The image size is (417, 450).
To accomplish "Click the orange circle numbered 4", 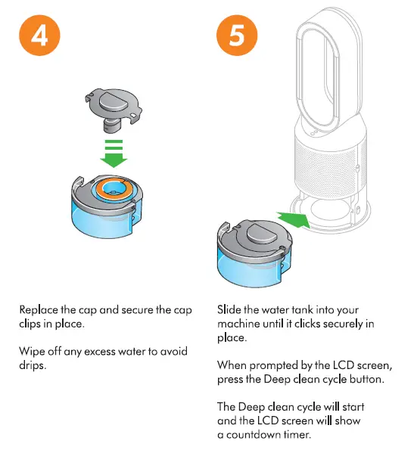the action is click(x=39, y=36).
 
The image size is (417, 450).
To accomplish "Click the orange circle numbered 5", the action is click(x=237, y=36).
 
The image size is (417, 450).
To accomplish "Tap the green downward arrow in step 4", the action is click(x=114, y=154).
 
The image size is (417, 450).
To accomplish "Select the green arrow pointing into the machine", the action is click(x=294, y=219).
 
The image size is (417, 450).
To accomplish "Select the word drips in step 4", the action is click(x=33, y=365).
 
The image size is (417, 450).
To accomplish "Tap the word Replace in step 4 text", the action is click(x=39, y=310).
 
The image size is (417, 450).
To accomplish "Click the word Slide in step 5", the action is click(x=229, y=309).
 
